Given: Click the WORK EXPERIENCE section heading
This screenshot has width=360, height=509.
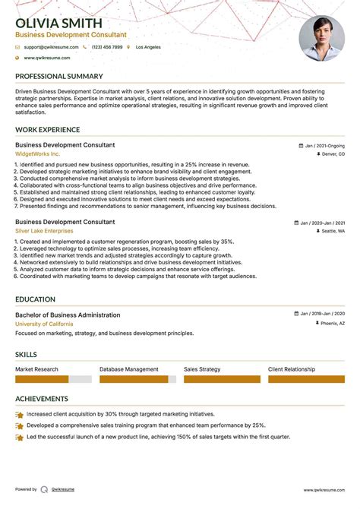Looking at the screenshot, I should tap(47, 130).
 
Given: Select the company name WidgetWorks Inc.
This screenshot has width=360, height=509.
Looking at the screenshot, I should tap(37, 153).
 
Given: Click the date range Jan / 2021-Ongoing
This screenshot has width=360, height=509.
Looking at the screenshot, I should tap(324, 145).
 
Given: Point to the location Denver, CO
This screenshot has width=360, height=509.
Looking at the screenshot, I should tap(333, 154).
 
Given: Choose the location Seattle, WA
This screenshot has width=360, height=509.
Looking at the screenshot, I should tap(333, 231).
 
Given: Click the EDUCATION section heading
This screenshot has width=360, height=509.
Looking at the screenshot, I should tap(35, 299).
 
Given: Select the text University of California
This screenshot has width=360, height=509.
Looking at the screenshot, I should tap(44, 324).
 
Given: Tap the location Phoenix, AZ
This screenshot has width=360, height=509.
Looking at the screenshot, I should tap(332, 324).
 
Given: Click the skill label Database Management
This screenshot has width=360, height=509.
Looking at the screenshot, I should tap(129, 369).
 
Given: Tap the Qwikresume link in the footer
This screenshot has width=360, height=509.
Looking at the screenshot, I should tap(62, 490).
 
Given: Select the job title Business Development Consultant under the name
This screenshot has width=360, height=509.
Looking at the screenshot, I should tap(71, 35).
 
